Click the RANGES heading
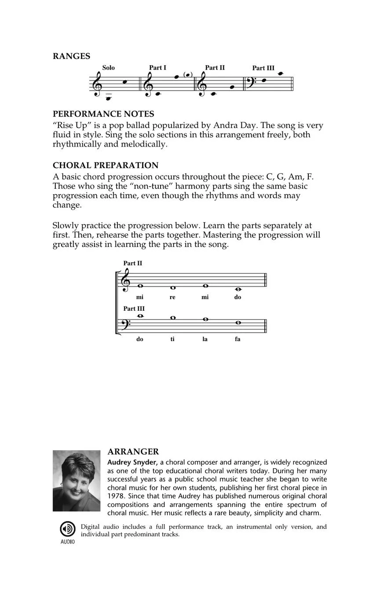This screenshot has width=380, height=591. click(71, 56)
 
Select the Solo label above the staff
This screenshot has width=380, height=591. click(108, 68)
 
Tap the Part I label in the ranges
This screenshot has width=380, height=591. click(157, 68)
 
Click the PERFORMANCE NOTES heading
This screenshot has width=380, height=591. click(103, 114)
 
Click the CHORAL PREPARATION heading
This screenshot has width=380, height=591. click(106, 165)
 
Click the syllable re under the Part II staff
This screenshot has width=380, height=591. click(172, 297)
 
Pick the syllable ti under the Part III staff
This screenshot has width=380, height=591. click(172, 339)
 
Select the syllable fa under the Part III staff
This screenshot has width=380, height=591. click(237, 339)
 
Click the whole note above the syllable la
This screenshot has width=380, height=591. click(205, 319)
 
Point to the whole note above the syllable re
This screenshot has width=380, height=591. click(172, 288)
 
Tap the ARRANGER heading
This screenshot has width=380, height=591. click(133, 452)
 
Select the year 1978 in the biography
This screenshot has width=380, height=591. click(116, 496)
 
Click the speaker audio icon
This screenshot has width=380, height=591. click(67, 529)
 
